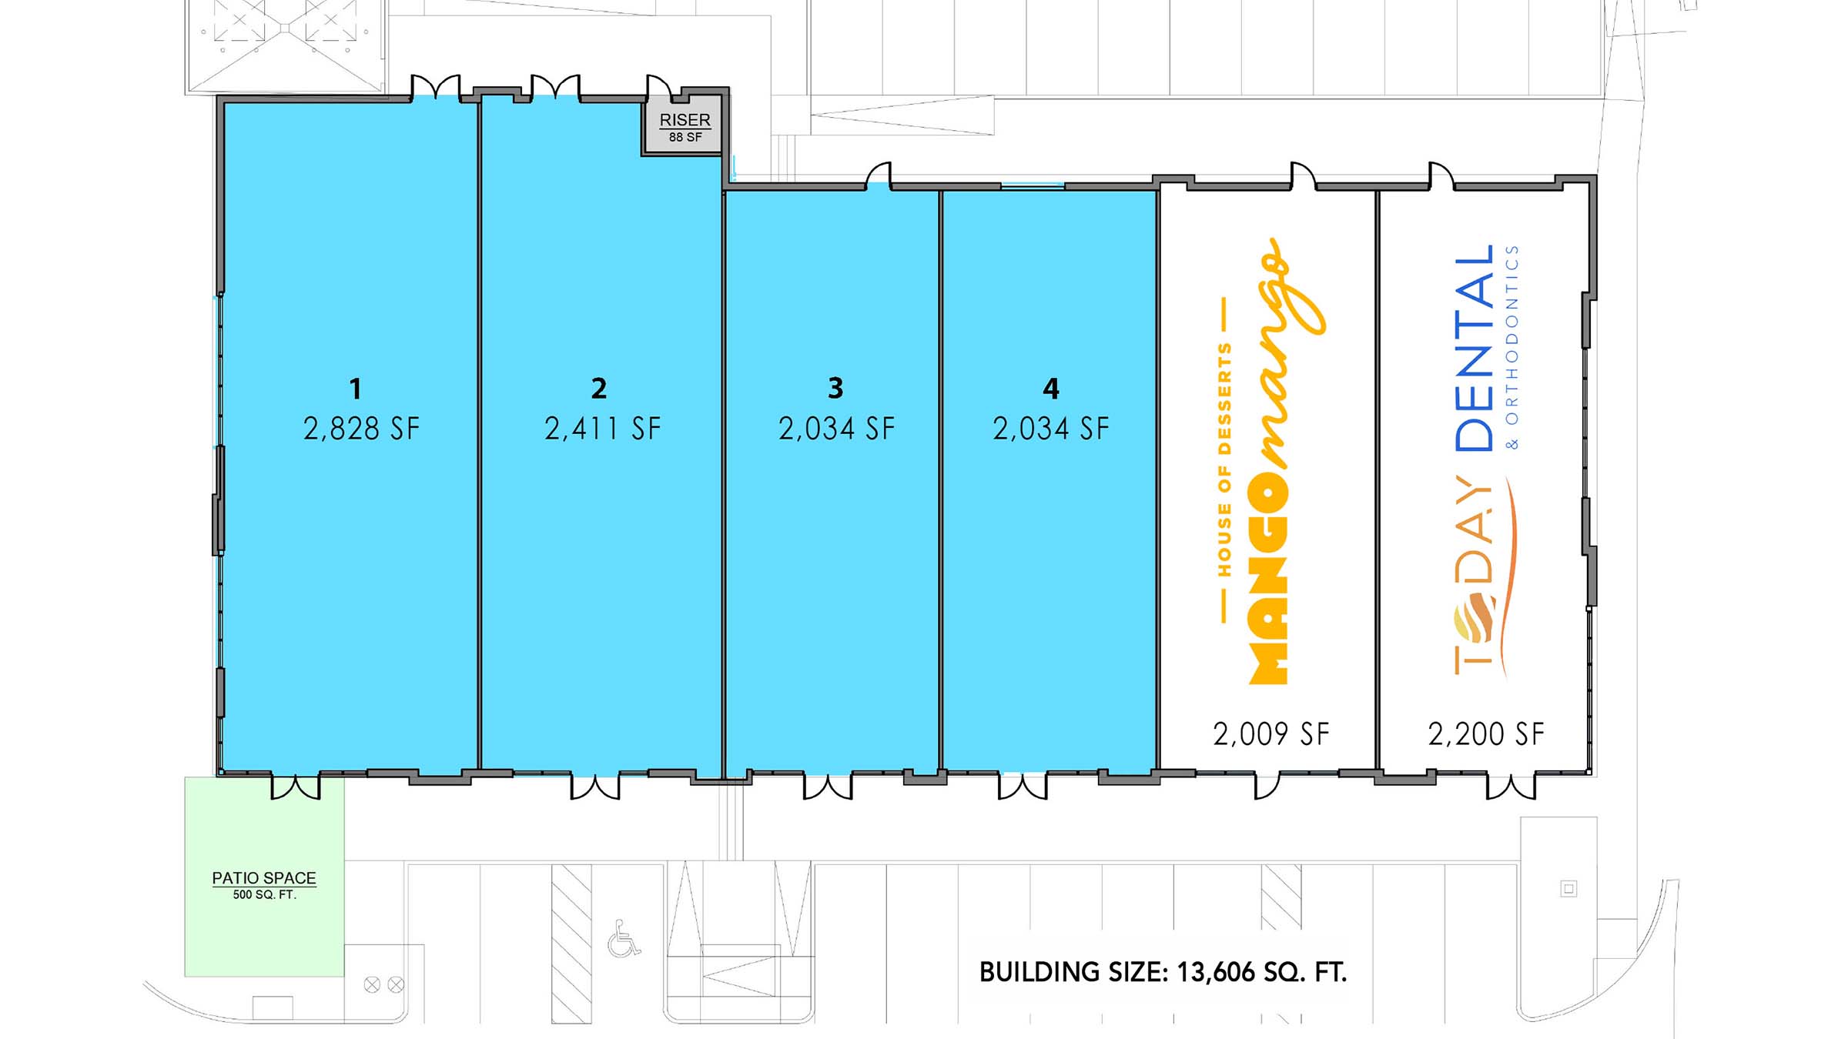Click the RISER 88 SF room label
click(x=685, y=127)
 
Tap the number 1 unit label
click(x=355, y=389)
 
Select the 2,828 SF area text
click(x=361, y=429)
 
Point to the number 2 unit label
click(x=599, y=388)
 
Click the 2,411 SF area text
click(x=602, y=429)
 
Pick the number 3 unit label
click(x=835, y=388)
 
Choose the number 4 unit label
click(x=1051, y=388)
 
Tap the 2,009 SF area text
click(x=1271, y=733)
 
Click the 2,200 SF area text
click(x=1486, y=733)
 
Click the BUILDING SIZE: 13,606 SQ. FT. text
click(x=1163, y=972)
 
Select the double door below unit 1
click(x=296, y=787)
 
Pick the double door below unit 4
click(x=1023, y=787)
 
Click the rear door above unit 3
click(x=879, y=176)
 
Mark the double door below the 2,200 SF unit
click(x=1511, y=787)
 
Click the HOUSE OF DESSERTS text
click(x=1224, y=459)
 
